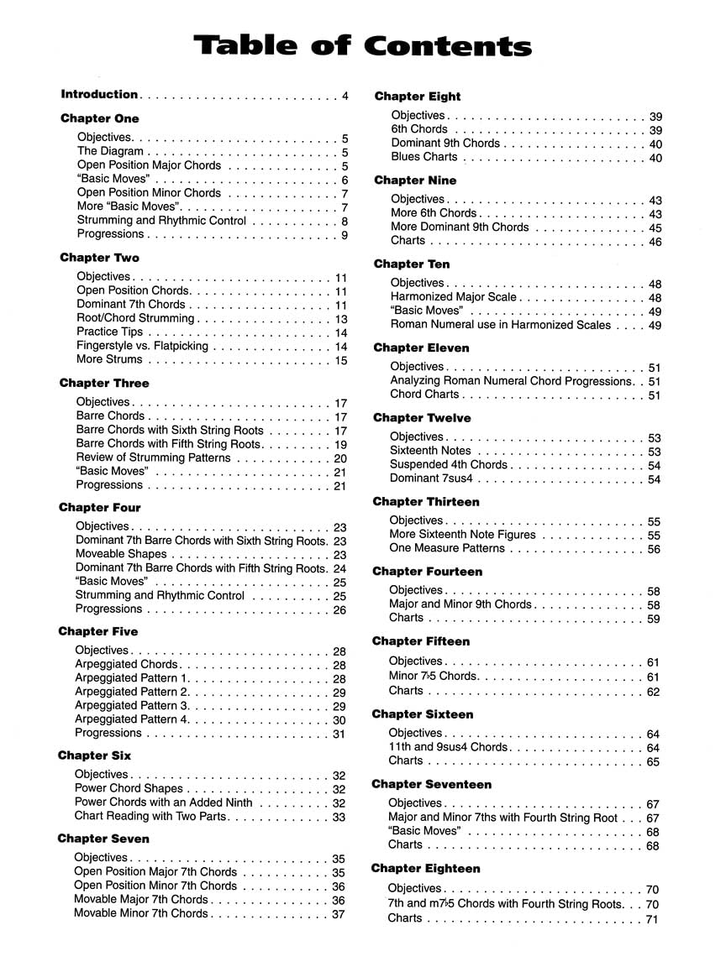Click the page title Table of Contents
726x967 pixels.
click(362, 46)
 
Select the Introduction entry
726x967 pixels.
click(99, 95)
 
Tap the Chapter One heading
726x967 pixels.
click(100, 118)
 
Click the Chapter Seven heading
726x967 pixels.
click(103, 839)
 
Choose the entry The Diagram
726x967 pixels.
click(110, 152)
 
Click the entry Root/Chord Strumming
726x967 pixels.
click(135, 319)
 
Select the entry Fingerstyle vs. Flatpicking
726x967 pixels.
click(141, 346)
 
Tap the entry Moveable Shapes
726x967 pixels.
click(121, 555)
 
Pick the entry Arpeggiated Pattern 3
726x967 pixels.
click(132, 706)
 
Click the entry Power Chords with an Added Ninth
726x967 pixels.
click(163, 802)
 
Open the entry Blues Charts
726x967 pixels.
click(424, 157)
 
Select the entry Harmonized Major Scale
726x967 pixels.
click(454, 297)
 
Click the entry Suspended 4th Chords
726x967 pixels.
click(449, 465)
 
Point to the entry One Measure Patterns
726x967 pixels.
click(447, 549)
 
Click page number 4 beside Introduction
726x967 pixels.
click(345, 96)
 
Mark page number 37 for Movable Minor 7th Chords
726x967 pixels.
click(339, 914)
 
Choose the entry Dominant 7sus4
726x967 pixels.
click(432, 479)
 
